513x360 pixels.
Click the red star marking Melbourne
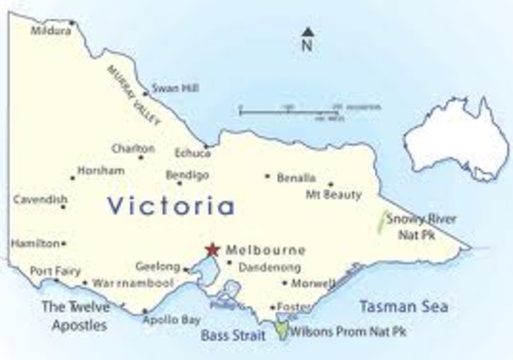click(x=212, y=249)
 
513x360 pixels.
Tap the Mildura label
click(x=50, y=31)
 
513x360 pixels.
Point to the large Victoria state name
click(x=171, y=206)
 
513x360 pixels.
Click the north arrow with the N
click(x=306, y=38)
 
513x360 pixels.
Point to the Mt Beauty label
click(x=334, y=195)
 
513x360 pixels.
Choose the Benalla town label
click(x=296, y=177)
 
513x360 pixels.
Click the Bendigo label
click(x=187, y=175)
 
